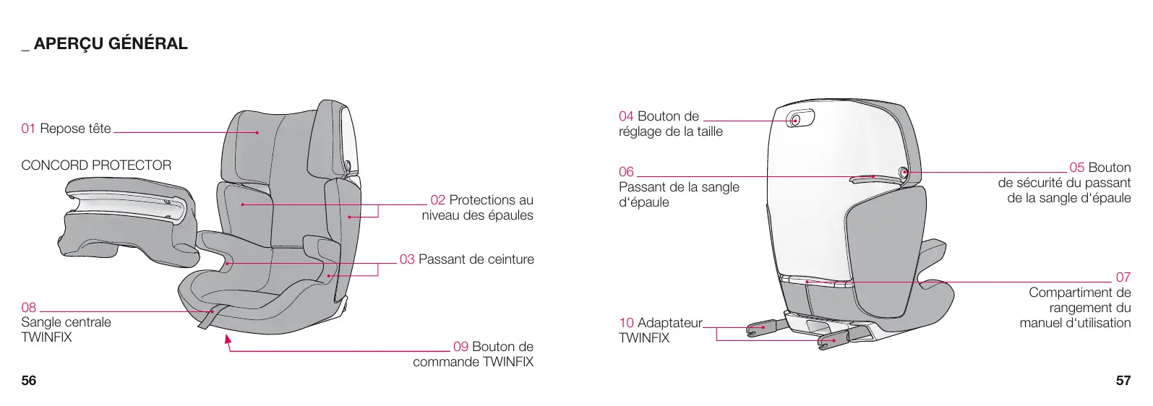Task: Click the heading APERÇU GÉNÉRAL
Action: (x=110, y=44)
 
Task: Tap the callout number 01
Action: (x=28, y=129)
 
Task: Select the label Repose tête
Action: (x=75, y=129)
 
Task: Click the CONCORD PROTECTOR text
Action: (x=96, y=165)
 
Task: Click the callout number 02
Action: (x=437, y=200)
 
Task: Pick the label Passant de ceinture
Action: (x=476, y=259)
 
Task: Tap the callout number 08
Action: (x=28, y=307)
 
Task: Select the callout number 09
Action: (x=460, y=347)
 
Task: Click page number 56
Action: (x=28, y=381)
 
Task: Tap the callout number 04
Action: (x=626, y=116)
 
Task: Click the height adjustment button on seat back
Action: (x=795, y=120)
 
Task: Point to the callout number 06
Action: (x=626, y=172)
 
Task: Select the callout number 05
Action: (x=1076, y=168)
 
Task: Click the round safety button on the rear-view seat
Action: (x=903, y=173)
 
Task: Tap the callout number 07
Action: (x=1123, y=277)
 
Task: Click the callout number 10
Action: (x=626, y=323)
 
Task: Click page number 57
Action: (x=1123, y=381)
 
